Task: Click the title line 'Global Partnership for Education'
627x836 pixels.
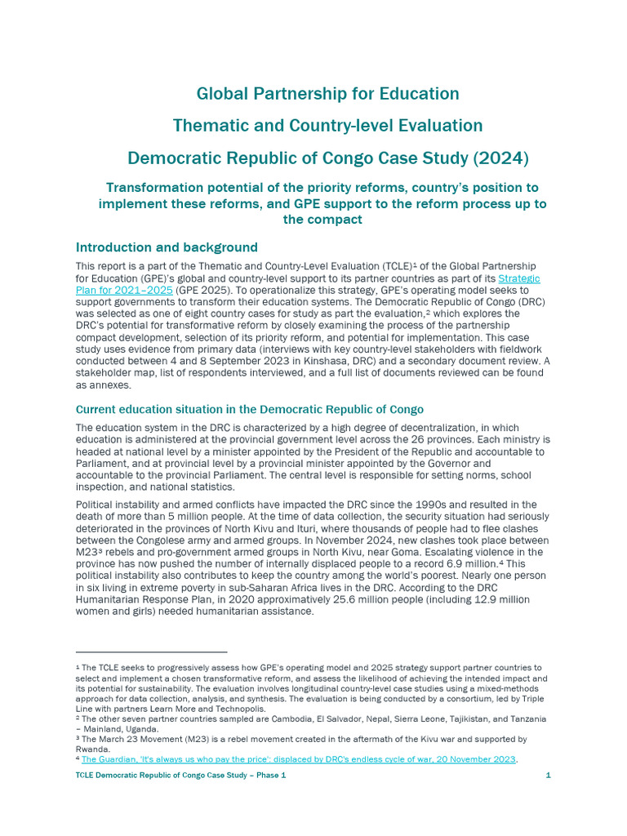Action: point(327,94)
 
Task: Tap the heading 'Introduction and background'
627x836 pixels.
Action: point(167,247)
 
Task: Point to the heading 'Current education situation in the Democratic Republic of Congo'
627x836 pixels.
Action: point(250,409)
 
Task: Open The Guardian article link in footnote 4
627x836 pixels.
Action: point(298,759)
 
